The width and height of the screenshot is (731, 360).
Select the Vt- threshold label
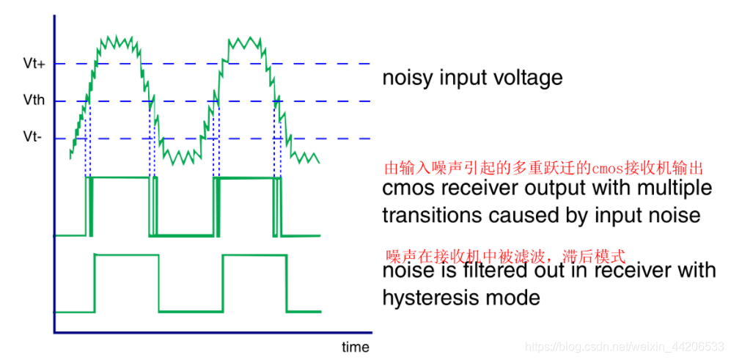coord(34,138)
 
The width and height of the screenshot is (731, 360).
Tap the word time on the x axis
coord(356,346)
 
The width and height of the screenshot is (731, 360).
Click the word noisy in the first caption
coord(408,78)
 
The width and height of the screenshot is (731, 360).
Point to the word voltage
coord(529,78)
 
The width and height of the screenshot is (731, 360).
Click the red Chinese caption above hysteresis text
coord(506,257)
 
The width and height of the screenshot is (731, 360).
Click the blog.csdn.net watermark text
coord(627,345)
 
